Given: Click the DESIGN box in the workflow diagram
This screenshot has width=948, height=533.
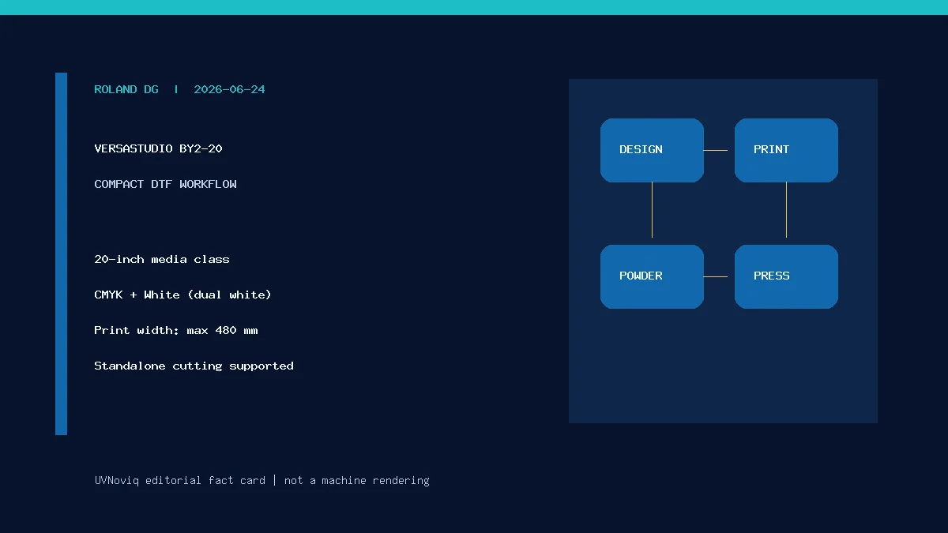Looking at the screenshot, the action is click(x=652, y=150).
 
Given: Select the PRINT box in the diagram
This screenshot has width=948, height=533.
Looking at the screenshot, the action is click(x=786, y=150).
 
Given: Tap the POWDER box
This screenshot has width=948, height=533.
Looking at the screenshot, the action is click(x=652, y=276).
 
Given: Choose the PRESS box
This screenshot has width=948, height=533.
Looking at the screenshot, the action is click(x=786, y=276).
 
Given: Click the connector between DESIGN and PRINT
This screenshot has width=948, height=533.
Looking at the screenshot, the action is click(x=715, y=150).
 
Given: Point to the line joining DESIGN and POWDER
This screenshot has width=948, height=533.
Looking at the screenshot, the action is click(x=652, y=210).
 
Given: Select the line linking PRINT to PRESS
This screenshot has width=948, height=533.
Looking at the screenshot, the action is click(x=786, y=210).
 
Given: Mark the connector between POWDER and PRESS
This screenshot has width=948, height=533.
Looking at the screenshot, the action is click(x=715, y=276).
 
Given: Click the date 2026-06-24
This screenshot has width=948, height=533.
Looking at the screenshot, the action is click(x=229, y=90).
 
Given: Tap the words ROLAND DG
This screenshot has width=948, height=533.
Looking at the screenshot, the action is click(x=126, y=90).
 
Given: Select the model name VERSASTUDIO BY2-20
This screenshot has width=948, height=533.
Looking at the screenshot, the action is click(x=158, y=149).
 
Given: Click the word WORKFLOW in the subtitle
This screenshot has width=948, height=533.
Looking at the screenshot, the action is click(x=208, y=185).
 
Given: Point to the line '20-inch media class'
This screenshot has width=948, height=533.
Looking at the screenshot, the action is click(x=162, y=259).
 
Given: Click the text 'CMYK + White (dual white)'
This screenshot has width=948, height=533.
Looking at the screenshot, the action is click(x=182, y=295).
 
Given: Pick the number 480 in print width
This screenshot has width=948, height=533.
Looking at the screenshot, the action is click(x=226, y=330).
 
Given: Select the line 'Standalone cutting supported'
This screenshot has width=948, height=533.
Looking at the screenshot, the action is click(x=194, y=366).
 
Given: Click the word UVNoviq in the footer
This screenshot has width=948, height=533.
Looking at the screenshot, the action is click(x=116, y=481).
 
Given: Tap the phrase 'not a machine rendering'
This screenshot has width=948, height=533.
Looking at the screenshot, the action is click(x=357, y=481).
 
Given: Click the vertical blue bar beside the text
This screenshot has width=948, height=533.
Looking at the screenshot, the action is click(x=61, y=253).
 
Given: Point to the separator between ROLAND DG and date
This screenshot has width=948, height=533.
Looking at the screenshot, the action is click(x=176, y=90).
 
